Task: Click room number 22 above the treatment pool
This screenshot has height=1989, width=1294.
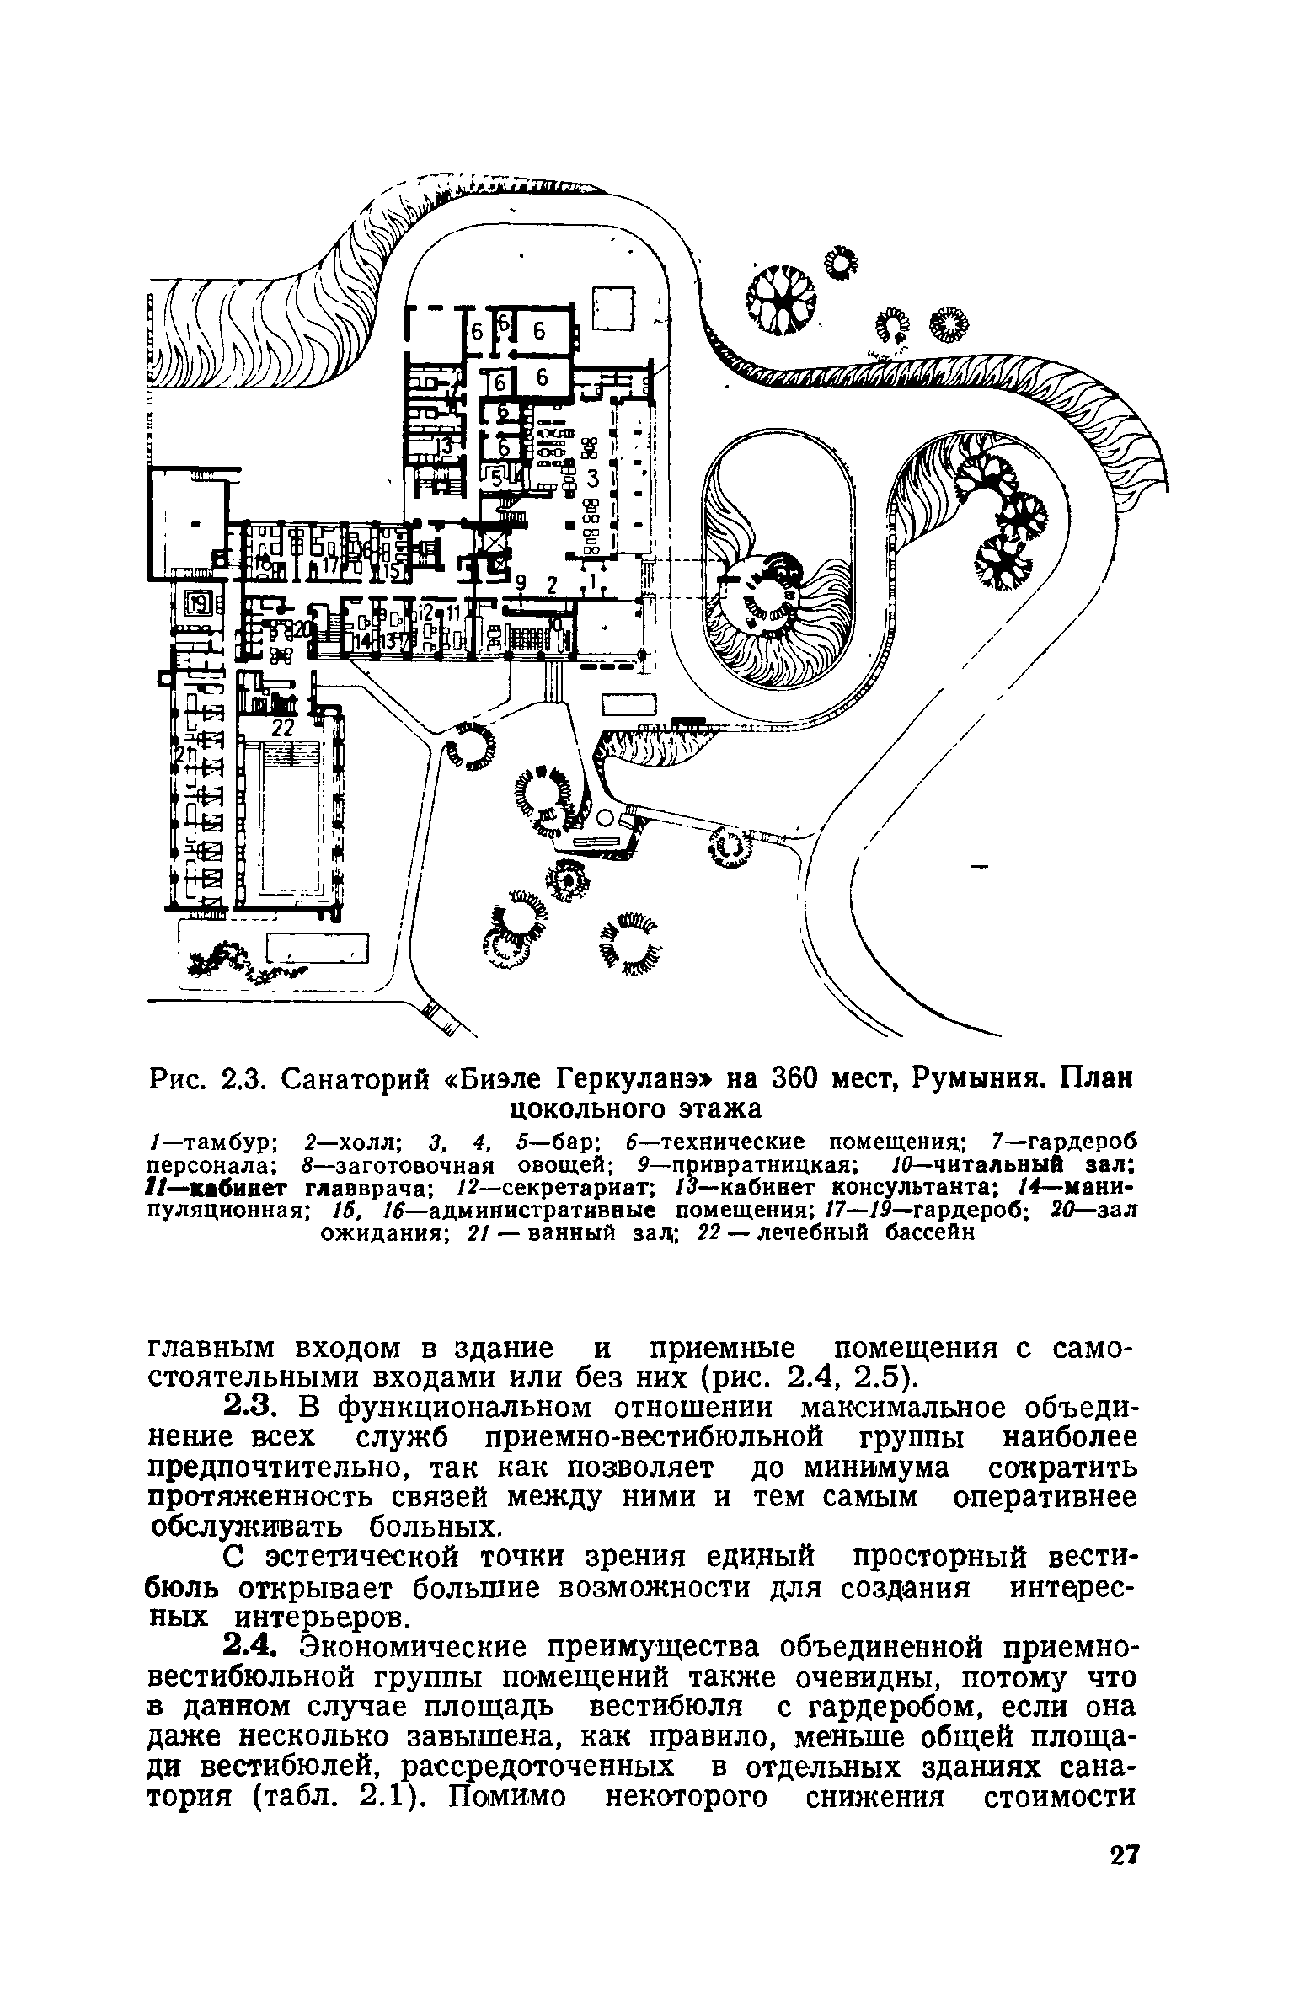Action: pyautogui.click(x=281, y=728)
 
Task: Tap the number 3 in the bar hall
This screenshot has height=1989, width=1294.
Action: pyautogui.click(x=591, y=479)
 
